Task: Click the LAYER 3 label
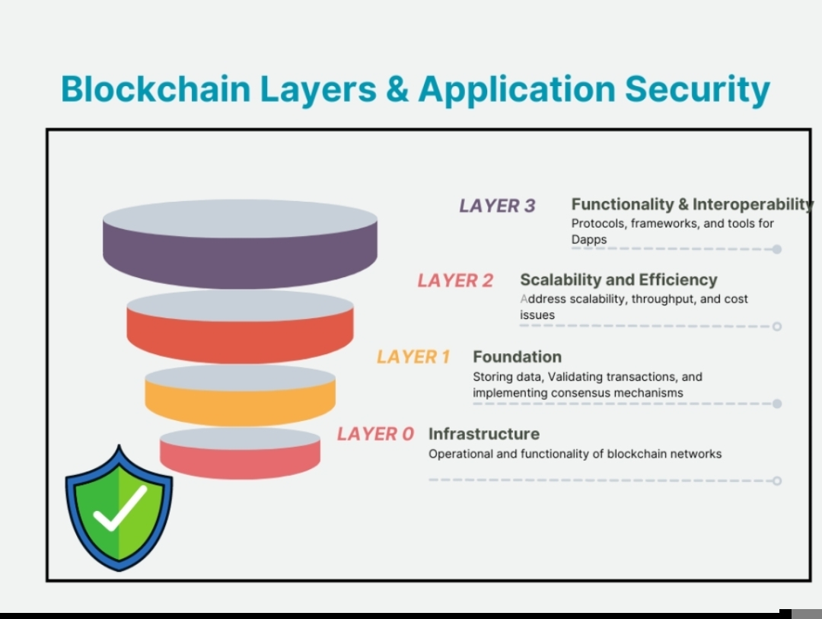497,206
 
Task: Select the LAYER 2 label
455,281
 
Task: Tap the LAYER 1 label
413,357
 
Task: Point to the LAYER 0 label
375,434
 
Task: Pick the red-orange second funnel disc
240,335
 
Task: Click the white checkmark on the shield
120,509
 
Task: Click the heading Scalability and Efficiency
618,280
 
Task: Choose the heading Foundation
517,357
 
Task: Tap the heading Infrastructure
483,434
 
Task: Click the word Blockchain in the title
155,89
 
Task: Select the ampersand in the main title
397,89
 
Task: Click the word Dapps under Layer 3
589,240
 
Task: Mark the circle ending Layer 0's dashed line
776,480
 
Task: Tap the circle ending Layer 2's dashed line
776,327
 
